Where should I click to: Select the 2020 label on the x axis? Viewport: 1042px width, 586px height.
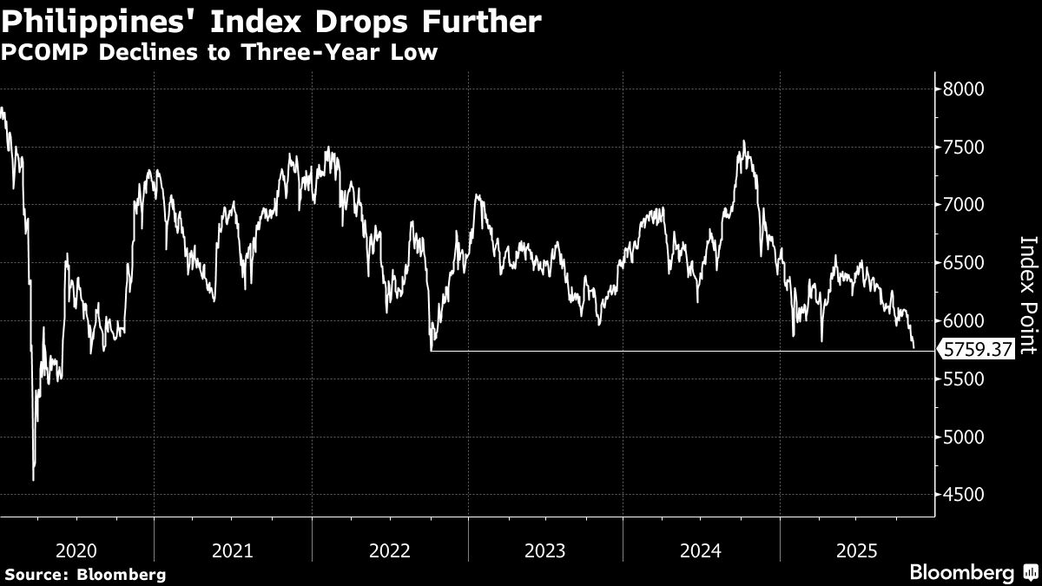(76, 550)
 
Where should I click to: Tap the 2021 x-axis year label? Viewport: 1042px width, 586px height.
(232, 550)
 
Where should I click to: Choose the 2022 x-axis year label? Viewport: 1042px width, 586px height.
(389, 550)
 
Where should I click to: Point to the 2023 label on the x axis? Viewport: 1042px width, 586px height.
(545, 550)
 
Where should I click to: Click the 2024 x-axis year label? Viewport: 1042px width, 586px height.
(702, 550)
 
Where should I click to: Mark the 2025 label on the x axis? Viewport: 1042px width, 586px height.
(857, 550)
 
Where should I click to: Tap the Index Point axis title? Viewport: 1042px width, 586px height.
(1028, 295)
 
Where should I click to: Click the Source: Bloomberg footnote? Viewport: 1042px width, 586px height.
(85, 574)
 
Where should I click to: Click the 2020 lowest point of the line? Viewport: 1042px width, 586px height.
(33, 479)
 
